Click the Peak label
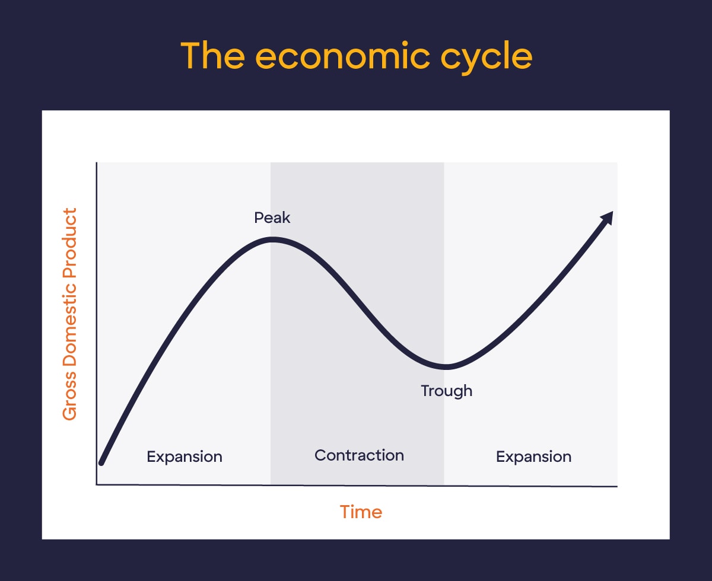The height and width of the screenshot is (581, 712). [x=272, y=218]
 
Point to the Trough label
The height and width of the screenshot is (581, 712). [x=446, y=391]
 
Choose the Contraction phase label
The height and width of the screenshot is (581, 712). [x=359, y=455]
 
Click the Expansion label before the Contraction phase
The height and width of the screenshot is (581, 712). [x=185, y=456]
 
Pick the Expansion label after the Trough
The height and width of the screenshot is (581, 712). [x=533, y=456]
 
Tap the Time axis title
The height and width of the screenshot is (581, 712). [x=361, y=512]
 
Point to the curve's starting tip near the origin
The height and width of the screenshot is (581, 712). [x=101, y=462]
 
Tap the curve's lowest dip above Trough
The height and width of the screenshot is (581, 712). [x=446, y=366]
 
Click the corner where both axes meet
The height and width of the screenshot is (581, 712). [x=96, y=485]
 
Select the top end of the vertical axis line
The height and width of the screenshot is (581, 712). [x=96, y=163]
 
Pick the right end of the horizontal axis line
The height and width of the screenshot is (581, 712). [x=616, y=486]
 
